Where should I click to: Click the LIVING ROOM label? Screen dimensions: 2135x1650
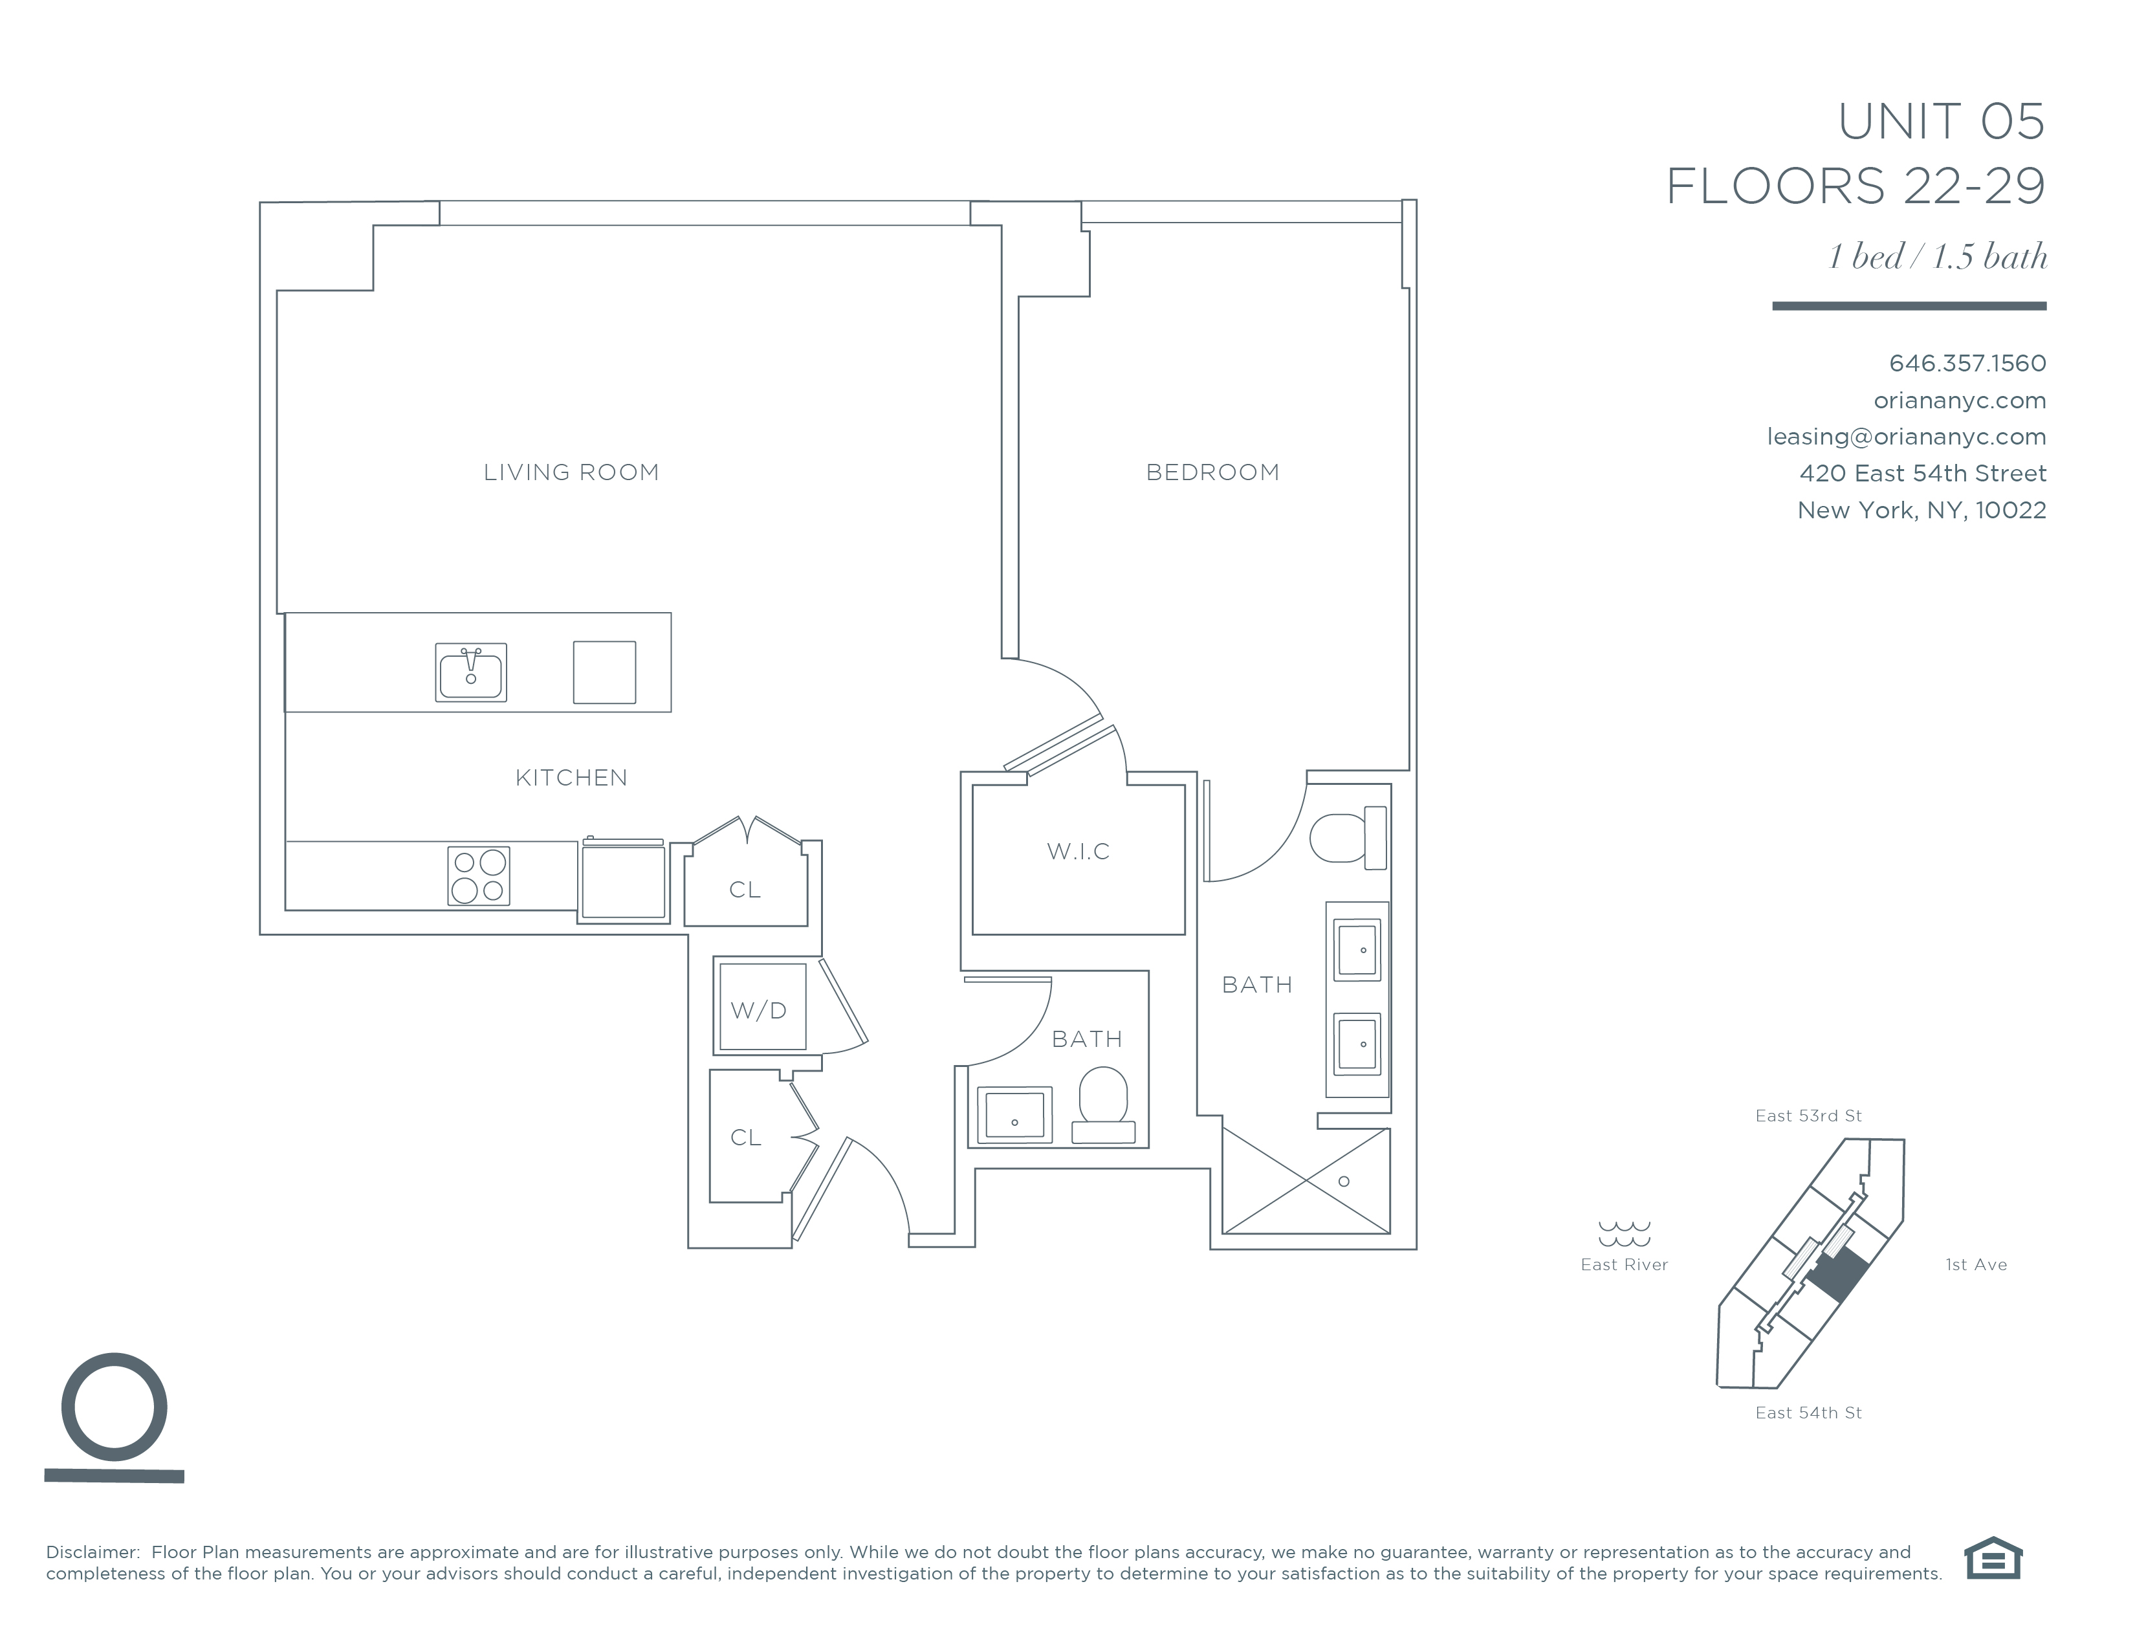tap(571, 473)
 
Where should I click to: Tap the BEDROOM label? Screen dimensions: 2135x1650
tap(1212, 473)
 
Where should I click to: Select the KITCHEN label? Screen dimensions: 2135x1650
tap(571, 778)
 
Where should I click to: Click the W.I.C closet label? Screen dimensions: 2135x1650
tap(1078, 852)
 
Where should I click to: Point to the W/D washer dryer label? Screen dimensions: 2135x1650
tap(759, 1011)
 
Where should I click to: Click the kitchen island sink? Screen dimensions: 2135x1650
tap(470, 672)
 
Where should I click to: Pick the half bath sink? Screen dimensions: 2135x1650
tap(1014, 1114)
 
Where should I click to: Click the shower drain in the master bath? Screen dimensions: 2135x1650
tap(1344, 1182)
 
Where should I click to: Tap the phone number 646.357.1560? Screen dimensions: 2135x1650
tap(1967, 364)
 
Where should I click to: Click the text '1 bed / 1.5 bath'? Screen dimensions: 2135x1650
tap(1938, 256)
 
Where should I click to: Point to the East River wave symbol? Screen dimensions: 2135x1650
tap(1624, 1233)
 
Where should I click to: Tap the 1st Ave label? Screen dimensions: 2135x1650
tap(1976, 1265)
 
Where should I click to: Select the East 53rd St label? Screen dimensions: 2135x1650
tap(1808, 1116)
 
